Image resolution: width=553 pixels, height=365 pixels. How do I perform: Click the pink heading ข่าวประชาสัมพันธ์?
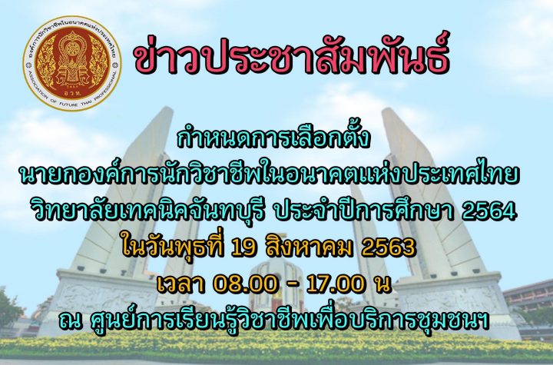[292, 57]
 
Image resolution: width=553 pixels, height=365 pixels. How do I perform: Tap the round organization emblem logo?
[72, 64]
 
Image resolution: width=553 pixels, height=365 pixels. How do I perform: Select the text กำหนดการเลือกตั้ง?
[273, 139]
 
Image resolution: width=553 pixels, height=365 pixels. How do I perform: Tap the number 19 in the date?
[243, 247]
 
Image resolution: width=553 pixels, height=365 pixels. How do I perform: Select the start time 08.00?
[242, 285]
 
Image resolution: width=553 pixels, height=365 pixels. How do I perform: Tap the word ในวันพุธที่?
[173, 247]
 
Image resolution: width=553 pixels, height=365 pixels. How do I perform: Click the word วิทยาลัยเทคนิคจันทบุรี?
[147, 211]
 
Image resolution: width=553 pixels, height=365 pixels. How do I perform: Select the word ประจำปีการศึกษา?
[364, 211]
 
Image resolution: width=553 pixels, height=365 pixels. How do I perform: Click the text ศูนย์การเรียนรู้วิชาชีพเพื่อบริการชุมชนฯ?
[290, 320]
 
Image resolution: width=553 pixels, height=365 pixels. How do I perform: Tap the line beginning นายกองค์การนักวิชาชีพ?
[270, 175]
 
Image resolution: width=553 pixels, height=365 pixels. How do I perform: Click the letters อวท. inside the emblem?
[73, 92]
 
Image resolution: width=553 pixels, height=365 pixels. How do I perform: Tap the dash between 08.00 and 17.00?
[289, 286]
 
